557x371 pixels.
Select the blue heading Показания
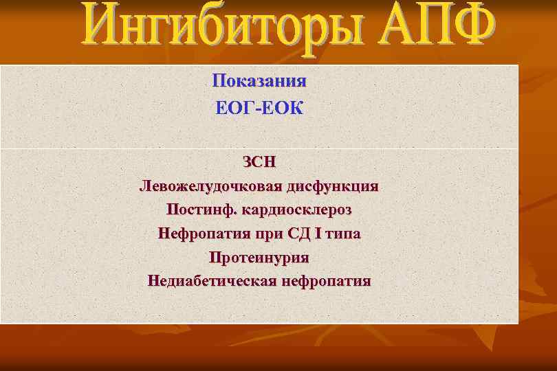[x=259, y=81]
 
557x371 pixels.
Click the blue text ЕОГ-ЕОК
[x=259, y=109]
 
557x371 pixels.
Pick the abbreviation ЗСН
[x=259, y=163]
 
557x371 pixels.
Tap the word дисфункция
[x=338, y=186]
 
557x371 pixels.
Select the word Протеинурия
[x=259, y=258]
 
